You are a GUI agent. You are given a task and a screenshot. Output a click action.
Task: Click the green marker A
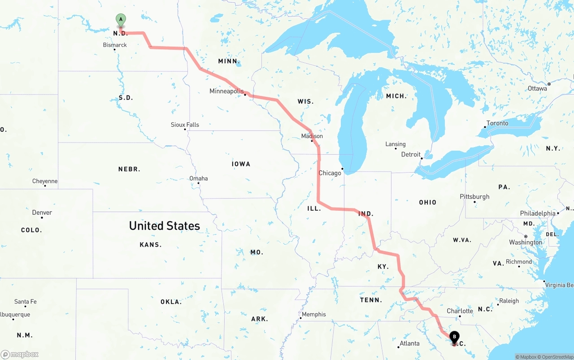tap(121, 20)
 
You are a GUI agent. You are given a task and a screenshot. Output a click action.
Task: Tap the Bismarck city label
tap(115, 45)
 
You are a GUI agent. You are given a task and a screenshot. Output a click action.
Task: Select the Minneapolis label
tap(226, 91)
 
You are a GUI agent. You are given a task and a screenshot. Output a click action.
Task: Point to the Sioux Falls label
tap(185, 125)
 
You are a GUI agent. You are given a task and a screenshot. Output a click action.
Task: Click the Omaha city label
tap(198, 178)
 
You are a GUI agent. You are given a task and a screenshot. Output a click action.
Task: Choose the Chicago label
tap(330, 173)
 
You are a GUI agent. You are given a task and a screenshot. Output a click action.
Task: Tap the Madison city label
tap(312, 136)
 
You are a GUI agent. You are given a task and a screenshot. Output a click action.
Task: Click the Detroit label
tap(411, 154)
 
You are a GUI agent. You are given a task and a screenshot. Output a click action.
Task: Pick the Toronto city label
tap(497, 123)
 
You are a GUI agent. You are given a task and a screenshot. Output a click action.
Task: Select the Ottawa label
tap(537, 88)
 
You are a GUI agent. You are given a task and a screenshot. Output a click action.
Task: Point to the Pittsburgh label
tap(474, 196)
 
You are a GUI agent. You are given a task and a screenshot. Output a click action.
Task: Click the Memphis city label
tap(314, 314)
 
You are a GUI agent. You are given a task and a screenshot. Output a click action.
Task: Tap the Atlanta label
tap(409, 343)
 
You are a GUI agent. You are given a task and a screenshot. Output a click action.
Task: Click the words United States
tap(165, 226)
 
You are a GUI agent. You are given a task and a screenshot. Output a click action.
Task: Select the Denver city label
tap(42, 213)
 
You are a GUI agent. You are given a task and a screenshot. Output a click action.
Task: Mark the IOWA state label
tap(241, 164)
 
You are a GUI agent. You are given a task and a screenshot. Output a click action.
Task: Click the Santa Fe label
tap(25, 302)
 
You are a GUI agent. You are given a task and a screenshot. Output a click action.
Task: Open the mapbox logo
tap(20, 354)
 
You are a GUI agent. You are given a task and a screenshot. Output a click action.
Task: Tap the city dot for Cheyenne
tap(45, 186)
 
